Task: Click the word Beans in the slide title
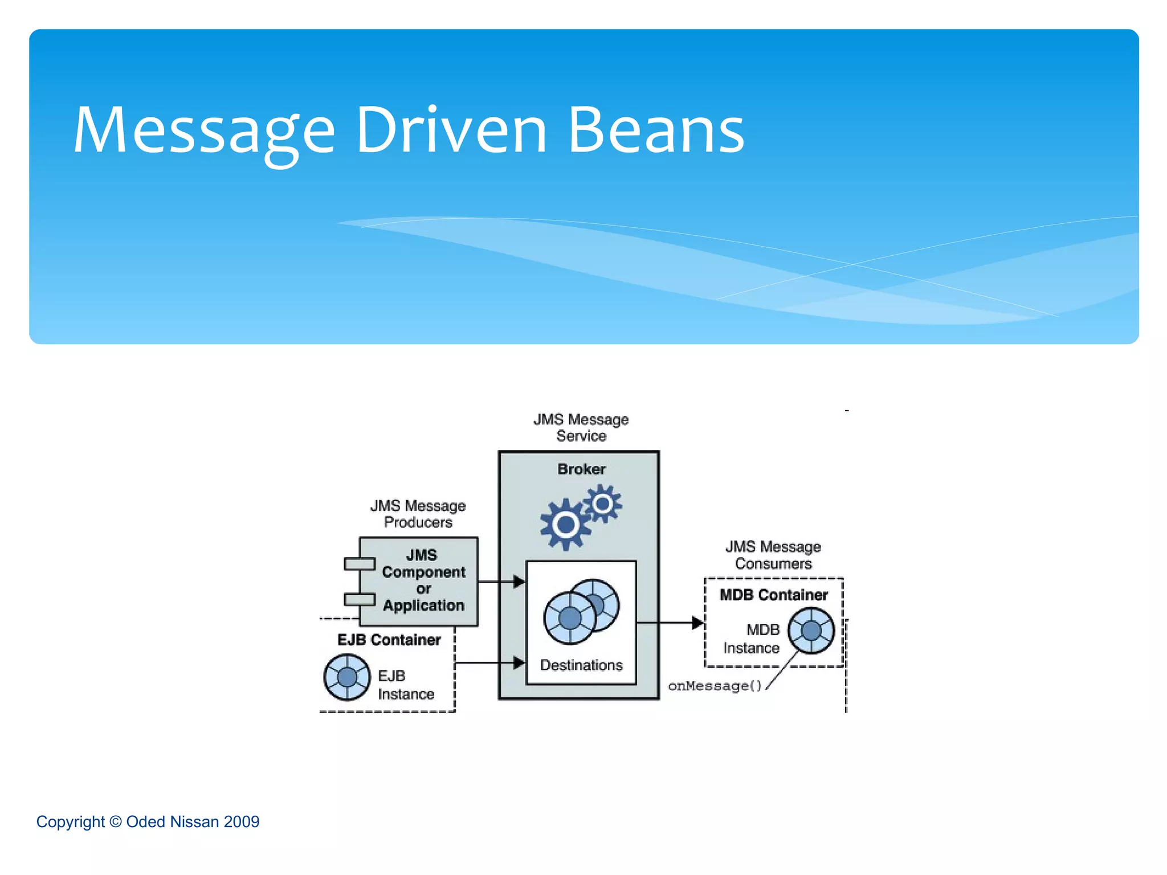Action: pos(656,131)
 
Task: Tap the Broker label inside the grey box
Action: pos(581,469)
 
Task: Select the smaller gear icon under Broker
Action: pos(602,504)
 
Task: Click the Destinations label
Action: pos(581,665)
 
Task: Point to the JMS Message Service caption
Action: pos(581,427)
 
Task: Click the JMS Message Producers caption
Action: pos(418,514)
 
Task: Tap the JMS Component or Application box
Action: pos(423,580)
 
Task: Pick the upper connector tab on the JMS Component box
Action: pos(360,564)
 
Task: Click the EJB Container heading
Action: pos(389,640)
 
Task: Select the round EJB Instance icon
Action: pos(346,677)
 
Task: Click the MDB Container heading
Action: pos(773,595)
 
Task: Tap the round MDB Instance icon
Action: pos(811,631)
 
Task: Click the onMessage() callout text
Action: pos(715,686)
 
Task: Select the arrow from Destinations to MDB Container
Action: pos(670,623)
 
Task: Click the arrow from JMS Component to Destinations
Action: pos(501,582)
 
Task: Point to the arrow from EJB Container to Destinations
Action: pos(490,663)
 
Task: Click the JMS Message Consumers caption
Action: pos(773,555)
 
